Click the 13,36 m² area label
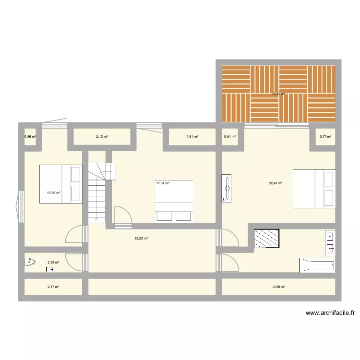53,193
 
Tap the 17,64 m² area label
163,183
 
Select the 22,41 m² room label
276,183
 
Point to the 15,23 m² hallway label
141,238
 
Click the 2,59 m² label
53,262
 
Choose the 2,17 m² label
53,287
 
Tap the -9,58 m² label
278,287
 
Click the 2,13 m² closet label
102,137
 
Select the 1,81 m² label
192,137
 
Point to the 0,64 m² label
230,137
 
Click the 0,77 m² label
325,137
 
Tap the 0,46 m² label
30,137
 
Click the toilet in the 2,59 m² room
30,263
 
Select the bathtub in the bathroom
317,265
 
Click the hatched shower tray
266,238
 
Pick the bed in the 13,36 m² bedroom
61,184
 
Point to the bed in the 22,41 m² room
313,189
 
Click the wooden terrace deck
279,94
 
